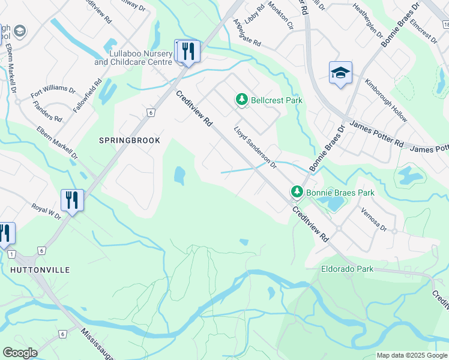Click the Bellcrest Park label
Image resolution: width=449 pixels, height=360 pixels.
[276, 100]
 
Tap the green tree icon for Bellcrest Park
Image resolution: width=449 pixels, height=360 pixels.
[242, 100]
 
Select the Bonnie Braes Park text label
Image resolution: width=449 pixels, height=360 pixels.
[340, 193]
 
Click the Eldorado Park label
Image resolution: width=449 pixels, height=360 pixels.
[347, 269]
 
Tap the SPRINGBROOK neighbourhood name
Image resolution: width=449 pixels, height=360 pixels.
[130, 140]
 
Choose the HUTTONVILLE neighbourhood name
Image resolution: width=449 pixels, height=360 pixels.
[40, 270]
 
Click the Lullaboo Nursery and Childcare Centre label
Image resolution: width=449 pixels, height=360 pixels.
[133, 58]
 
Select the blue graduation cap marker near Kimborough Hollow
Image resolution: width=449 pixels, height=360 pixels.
[340, 73]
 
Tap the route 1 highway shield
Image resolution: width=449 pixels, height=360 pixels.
[11, 254]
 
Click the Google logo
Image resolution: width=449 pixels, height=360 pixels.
[20, 353]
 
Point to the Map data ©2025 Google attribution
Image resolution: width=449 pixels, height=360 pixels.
[412, 355]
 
